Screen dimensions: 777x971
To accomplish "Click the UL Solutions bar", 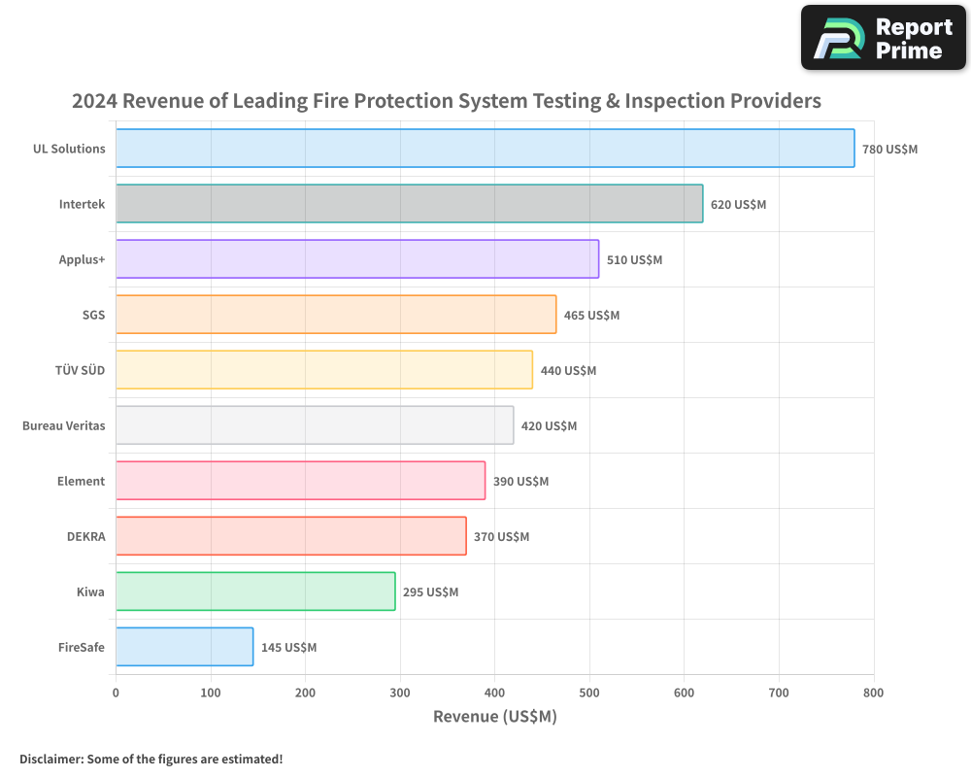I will tap(485, 149).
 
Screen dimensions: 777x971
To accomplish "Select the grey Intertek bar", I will tap(409, 204).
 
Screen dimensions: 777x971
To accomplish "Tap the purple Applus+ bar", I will tap(357, 259).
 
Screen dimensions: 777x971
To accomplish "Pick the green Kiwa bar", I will tap(255, 591).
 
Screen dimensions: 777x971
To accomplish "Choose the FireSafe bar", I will tap(184, 647).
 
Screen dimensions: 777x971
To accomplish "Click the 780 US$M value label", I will tap(889, 150).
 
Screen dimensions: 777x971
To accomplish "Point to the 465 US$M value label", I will tap(591, 316).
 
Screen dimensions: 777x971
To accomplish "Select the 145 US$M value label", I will tap(288, 648).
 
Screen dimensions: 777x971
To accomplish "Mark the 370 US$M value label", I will tap(501, 537).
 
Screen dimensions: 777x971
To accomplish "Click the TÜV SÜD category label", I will tap(81, 370).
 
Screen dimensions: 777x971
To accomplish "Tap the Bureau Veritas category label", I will tap(63, 425).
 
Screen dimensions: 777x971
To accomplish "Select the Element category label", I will tap(81, 481).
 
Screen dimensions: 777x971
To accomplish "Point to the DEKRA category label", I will tap(84, 536).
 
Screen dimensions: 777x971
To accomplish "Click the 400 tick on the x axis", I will tap(494, 693).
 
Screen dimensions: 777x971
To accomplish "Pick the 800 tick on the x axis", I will tap(873, 693).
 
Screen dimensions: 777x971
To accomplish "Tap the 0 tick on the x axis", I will tap(117, 693).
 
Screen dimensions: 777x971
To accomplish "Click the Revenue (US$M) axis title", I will tap(494, 717).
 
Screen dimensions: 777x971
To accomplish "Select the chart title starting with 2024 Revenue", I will tap(447, 101).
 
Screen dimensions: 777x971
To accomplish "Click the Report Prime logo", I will tap(883, 38).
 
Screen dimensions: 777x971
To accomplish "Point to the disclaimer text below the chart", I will tap(151, 759).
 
